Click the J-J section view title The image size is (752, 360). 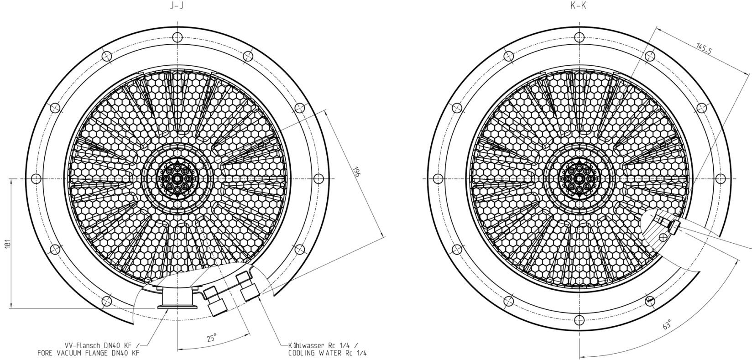point(177,6)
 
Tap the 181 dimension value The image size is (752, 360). point(8,244)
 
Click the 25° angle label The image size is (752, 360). point(212,338)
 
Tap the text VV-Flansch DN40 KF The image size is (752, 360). point(102,345)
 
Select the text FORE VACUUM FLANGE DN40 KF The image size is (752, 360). point(88,353)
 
